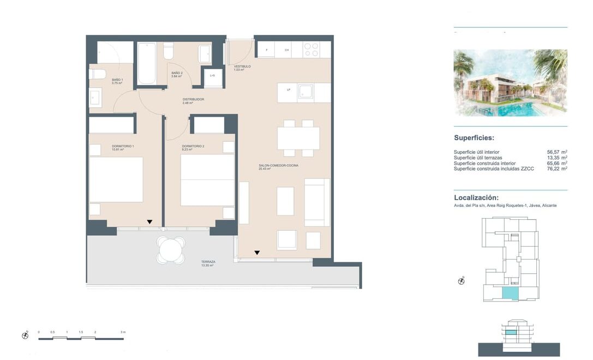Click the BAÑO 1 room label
coord(117,80)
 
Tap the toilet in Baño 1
coord(98,74)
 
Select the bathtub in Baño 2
coord(146,63)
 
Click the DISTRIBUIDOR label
coord(193,99)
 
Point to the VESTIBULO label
coord(242,67)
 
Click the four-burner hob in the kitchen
coord(311,50)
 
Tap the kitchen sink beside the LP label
coord(305,92)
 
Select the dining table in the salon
coord(298,138)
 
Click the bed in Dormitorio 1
coord(116,179)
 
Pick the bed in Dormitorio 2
coord(207,180)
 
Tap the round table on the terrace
coord(171,250)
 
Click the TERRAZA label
coord(208,262)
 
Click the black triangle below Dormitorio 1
coord(149,222)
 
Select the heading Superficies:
coord(474,138)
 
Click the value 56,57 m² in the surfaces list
coord(556,152)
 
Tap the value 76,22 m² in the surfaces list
coord(556,169)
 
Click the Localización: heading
coord(476,197)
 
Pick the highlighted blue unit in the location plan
coord(510,293)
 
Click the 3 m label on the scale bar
coord(123,332)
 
